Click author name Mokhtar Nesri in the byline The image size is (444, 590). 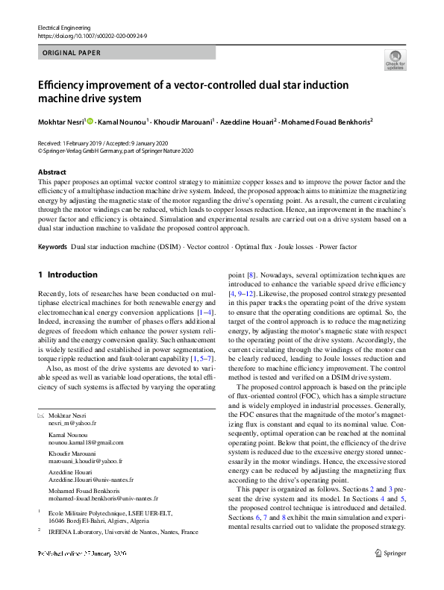point(61,121)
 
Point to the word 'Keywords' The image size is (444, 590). point(52,246)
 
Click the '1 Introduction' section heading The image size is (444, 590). point(67,274)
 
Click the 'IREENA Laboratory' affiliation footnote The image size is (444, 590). point(123,532)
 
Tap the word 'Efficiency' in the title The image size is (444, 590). point(63,85)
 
